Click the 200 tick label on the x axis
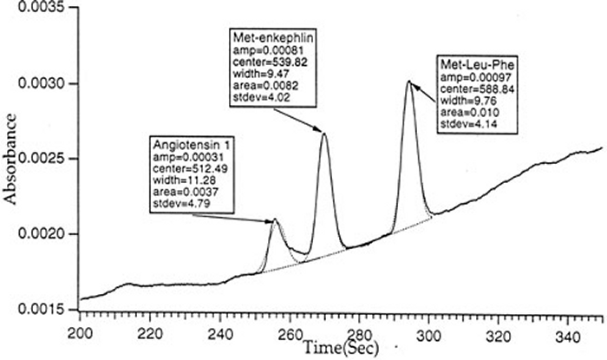coord(80,331)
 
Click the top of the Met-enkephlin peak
coord(323,133)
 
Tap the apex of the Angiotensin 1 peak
coord(275,219)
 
